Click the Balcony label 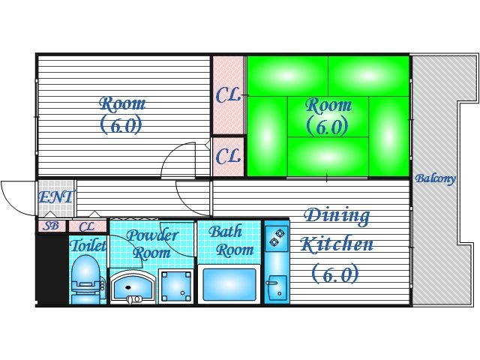click(x=435, y=178)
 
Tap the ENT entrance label click(x=56, y=196)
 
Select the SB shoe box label click(x=51, y=226)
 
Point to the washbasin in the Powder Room click(x=133, y=286)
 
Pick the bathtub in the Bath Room click(x=229, y=284)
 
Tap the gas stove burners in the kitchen click(x=277, y=238)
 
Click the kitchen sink click(x=277, y=288)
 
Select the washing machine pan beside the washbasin click(x=176, y=286)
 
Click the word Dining click(x=337, y=217)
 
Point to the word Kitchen click(x=337, y=244)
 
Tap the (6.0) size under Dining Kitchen click(x=335, y=273)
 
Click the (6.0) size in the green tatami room click(x=327, y=126)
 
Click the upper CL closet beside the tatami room click(x=228, y=95)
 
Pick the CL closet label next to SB click(x=87, y=226)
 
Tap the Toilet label click(x=88, y=245)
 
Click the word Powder click(x=152, y=235)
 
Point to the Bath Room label click(x=231, y=241)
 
